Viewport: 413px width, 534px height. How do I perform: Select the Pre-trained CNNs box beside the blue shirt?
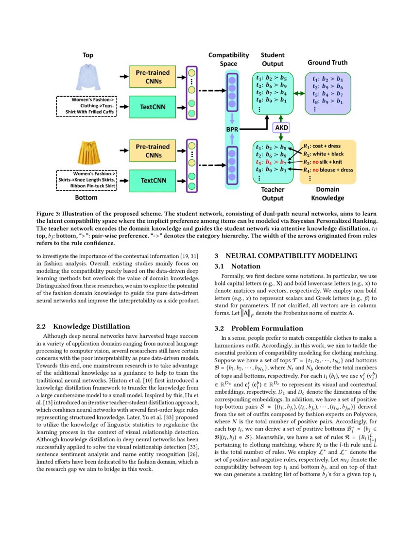(153, 77)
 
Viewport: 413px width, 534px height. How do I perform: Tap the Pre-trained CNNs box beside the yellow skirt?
(153, 150)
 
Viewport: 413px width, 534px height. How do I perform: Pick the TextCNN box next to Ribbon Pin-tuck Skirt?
(153, 180)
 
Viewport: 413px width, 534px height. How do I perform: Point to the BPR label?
(232, 130)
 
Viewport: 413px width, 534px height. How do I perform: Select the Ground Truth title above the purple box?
(327, 63)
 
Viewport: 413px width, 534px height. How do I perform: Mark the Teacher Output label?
(273, 194)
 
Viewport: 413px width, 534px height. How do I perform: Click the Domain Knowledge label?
(327, 194)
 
